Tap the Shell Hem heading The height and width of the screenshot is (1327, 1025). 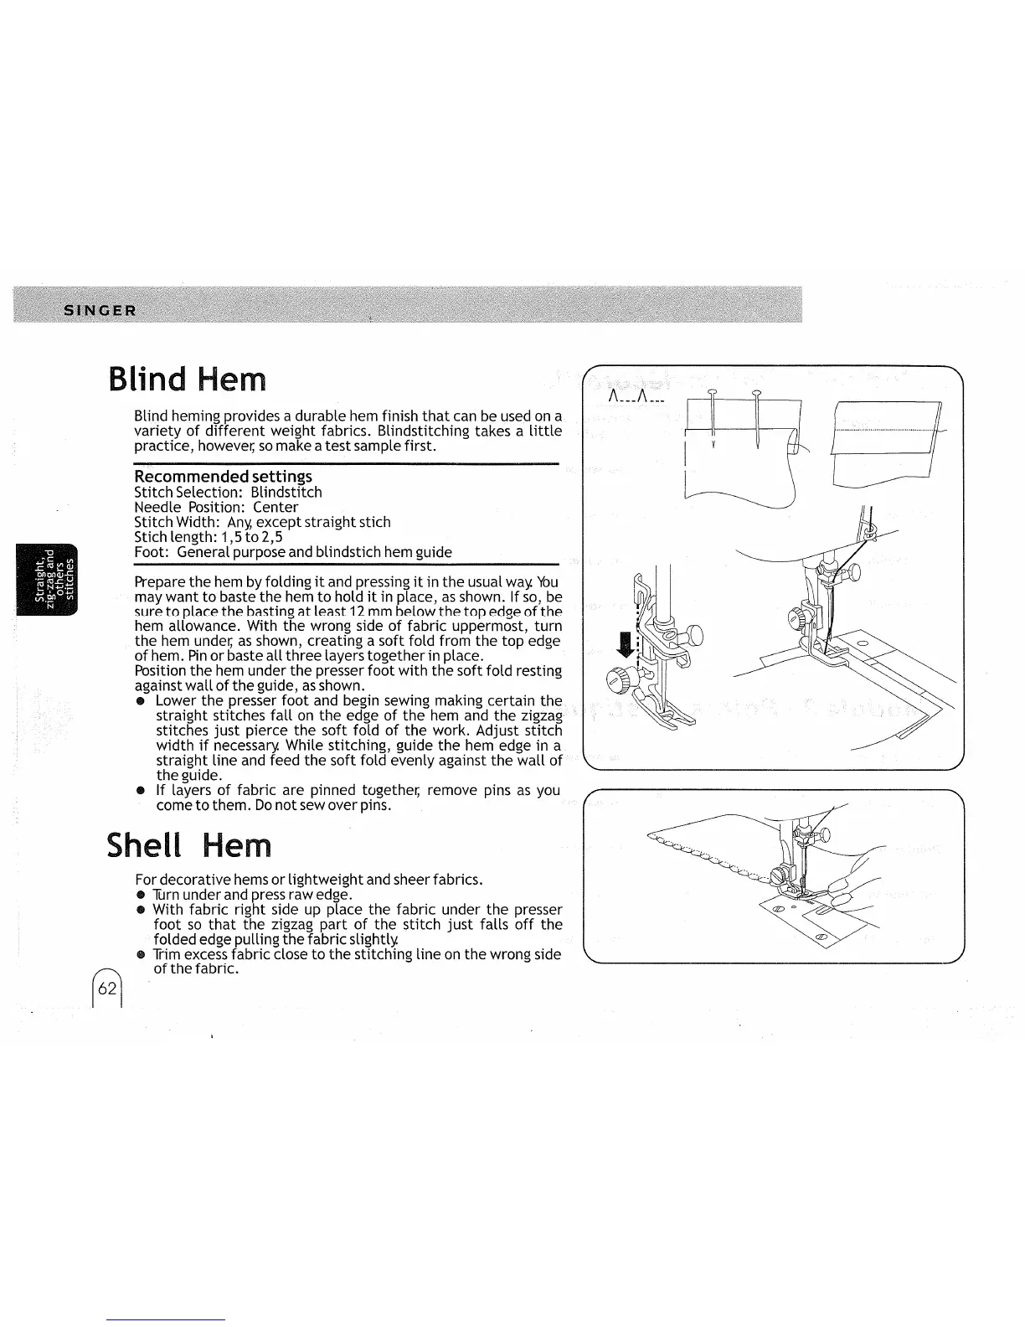(x=190, y=845)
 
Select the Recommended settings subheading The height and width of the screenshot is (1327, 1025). (x=223, y=477)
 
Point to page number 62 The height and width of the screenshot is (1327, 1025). (x=106, y=989)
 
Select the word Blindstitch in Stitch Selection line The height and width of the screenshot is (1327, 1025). (x=286, y=492)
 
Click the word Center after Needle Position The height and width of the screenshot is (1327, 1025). (x=276, y=507)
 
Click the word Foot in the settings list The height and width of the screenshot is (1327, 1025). (x=149, y=552)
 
